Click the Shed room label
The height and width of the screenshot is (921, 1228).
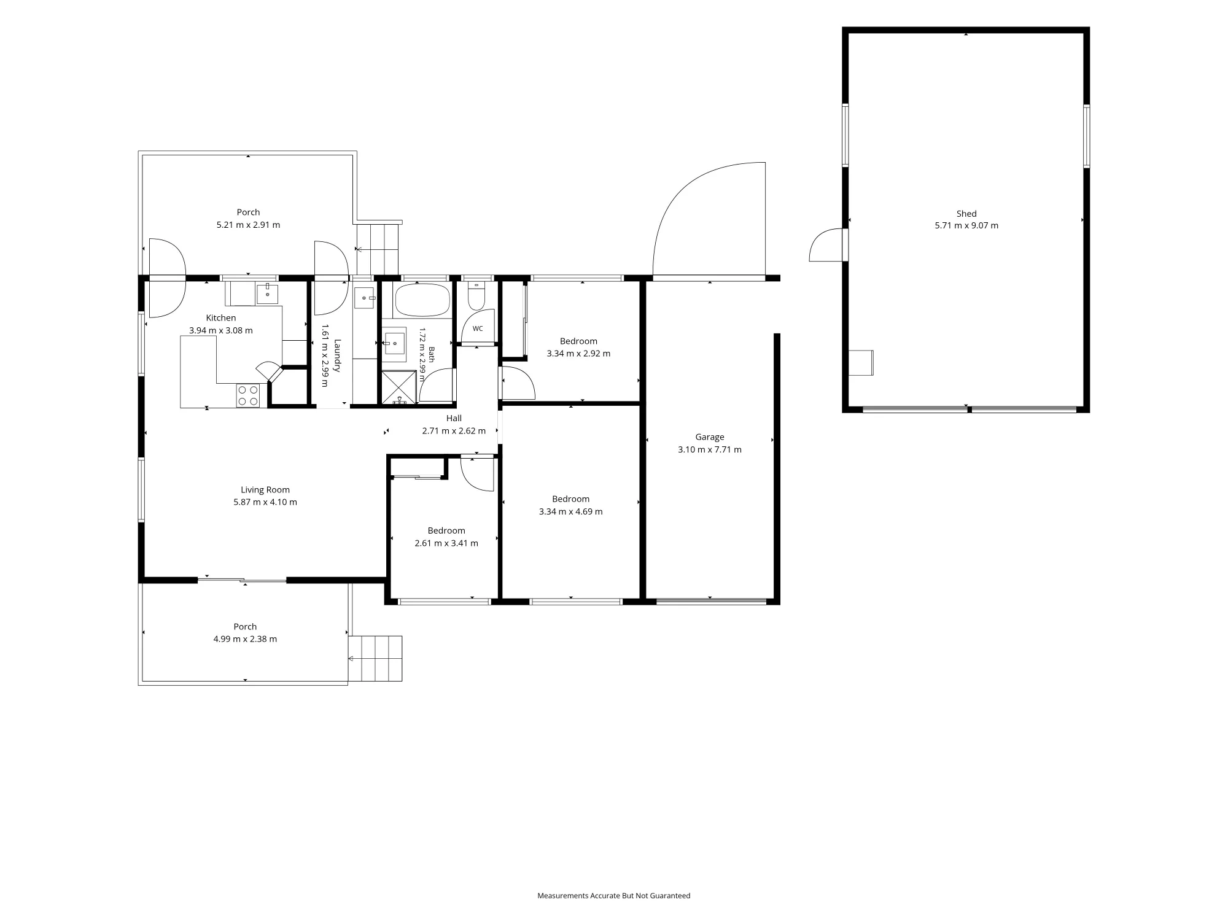966,214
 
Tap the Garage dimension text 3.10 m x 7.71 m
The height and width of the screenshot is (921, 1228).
710,449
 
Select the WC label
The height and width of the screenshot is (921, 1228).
478,328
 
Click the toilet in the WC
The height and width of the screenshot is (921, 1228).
476,296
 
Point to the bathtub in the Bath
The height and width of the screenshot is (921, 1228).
422,300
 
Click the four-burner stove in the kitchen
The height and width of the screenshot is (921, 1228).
248,395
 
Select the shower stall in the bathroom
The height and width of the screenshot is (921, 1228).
400,387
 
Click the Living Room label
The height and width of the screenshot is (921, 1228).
265,490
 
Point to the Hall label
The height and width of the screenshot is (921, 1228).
454,418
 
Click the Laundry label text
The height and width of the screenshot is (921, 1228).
336,355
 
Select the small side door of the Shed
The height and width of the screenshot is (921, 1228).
826,245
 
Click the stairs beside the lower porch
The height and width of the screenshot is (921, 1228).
375,658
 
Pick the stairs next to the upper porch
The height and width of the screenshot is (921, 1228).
378,249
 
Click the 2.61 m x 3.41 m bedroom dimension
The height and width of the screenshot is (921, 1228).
446,543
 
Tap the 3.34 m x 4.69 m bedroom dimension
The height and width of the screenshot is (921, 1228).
571,511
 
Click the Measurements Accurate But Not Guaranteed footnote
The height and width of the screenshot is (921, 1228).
614,896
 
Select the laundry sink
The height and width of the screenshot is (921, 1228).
364,298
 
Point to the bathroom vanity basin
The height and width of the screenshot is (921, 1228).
395,344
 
